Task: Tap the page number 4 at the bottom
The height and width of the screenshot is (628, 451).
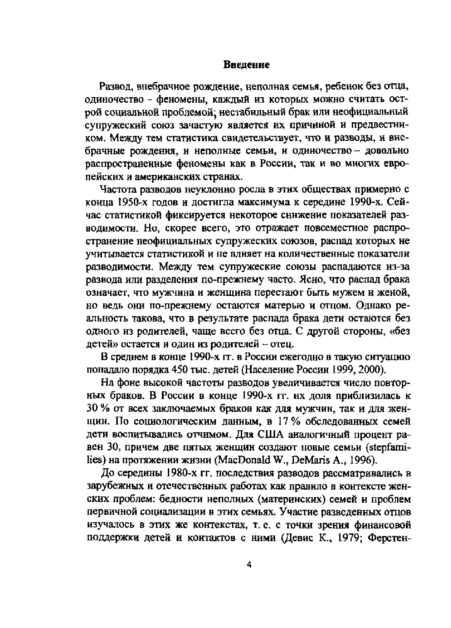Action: point(248,565)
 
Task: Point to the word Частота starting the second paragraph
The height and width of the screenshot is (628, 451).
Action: point(117,190)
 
